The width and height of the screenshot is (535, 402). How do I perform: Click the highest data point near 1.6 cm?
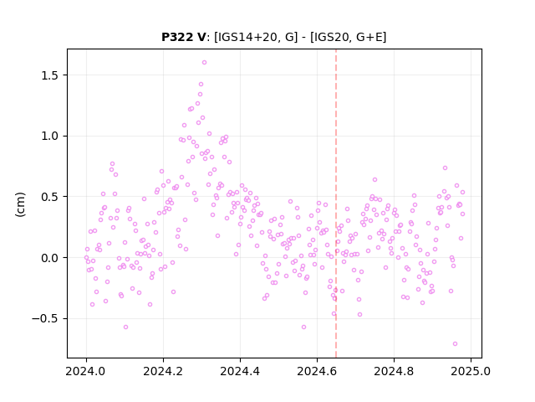tap(204, 62)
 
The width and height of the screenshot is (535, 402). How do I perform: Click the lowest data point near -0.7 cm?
tap(455, 343)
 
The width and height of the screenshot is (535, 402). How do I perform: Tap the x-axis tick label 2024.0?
tap(86, 371)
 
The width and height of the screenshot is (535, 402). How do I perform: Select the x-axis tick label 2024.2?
tap(163, 371)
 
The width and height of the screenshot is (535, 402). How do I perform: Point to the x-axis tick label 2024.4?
tap(240, 371)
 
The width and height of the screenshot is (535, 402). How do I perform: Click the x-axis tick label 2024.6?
tap(317, 371)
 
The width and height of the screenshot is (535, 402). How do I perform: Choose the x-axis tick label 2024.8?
tap(394, 371)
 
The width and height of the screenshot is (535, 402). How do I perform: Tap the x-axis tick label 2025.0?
tap(471, 371)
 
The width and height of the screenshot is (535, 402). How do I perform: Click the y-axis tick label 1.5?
tap(50, 75)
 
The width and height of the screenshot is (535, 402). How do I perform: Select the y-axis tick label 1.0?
tap(50, 136)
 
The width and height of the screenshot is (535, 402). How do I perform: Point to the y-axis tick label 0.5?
tap(50, 197)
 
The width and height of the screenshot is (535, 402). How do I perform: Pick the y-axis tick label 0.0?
tap(50, 258)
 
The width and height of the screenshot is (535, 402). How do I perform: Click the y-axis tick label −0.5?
tap(45, 318)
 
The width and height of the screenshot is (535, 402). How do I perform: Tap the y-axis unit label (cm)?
tap(20, 204)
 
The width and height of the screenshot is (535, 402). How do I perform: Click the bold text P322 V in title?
tap(184, 37)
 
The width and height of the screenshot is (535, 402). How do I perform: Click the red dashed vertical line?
tap(336, 204)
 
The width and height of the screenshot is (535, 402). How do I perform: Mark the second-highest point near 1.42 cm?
tap(201, 84)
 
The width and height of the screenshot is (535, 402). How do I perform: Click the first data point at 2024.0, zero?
tap(86, 257)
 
